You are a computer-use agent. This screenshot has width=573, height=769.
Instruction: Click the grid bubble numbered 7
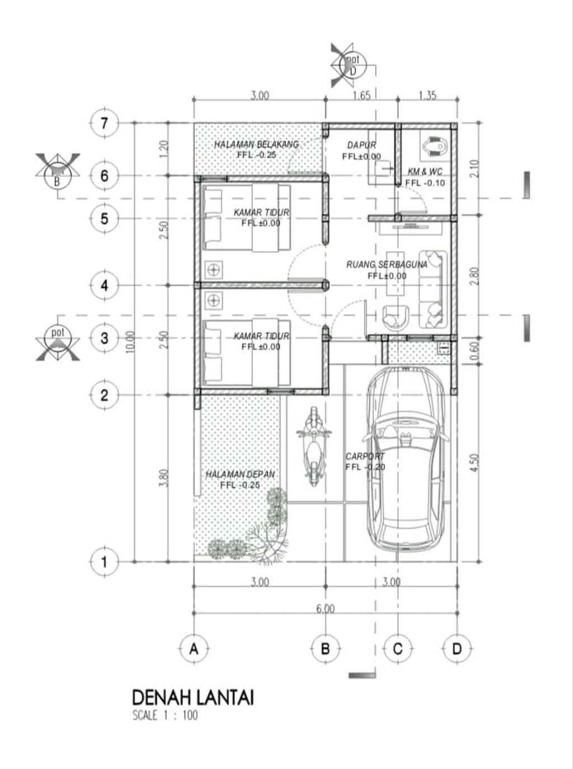pyautogui.click(x=104, y=123)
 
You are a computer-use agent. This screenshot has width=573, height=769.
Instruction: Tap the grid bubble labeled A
pyautogui.click(x=194, y=649)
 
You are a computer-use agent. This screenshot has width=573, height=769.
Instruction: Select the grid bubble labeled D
pyautogui.click(x=457, y=649)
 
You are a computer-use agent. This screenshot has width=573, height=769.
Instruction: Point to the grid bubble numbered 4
pyautogui.click(x=104, y=285)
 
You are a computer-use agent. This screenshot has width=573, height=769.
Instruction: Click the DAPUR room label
pyautogui.click(x=361, y=146)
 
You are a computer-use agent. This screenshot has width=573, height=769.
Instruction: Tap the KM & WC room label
pyautogui.click(x=425, y=172)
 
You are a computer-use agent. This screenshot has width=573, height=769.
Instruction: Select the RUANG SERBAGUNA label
pyautogui.click(x=387, y=264)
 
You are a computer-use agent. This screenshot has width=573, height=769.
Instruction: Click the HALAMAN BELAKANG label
pyautogui.click(x=256, y=145)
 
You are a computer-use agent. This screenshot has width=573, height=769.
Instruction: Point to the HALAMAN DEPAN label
pyautogui.click(x=240, y=475)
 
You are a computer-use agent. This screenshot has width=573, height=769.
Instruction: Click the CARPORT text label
pyautogui.click(x=365, y=456)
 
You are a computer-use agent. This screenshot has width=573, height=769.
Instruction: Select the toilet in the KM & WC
pyautogui.click(x=434, y=147)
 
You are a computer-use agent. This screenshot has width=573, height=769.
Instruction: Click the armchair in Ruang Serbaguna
pyautogui.click(x=396, y=316)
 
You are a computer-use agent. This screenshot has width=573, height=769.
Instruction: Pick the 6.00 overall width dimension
pyautogui.click(x=325, y=608)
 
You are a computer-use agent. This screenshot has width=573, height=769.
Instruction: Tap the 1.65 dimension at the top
pyautogui.click(x=361, y=96)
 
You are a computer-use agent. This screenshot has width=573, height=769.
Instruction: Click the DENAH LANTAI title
pyautogui.click(x=193, y=698)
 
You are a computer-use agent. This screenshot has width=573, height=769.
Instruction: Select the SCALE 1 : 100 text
pyautogui.click(x=165, y=715)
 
